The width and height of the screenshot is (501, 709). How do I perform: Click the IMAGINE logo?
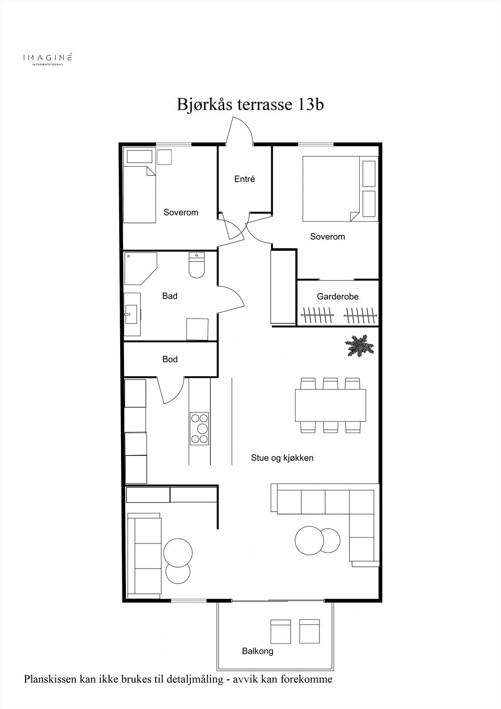click(47, 59)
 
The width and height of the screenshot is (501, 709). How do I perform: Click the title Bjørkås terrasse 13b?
click(250, 105)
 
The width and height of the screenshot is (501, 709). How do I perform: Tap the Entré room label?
click(245, 179)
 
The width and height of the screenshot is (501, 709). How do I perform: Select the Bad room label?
click(170, 296)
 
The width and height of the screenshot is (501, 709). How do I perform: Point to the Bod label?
click(170, 359)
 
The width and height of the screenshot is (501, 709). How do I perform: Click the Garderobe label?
click(338, 296)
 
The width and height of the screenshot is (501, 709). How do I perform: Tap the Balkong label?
click(258, 651)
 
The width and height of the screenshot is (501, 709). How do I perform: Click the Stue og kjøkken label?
click(282, 458)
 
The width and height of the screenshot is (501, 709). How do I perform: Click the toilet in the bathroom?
click(197, 265)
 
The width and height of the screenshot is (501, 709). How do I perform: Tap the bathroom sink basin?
click(131, 314)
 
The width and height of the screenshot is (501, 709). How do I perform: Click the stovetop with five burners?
click(199, 429)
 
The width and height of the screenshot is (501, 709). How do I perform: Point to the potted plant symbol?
click(359, 346)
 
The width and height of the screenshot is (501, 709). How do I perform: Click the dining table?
click(330, 405)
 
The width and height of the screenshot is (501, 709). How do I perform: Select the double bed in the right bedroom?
click(331, 188)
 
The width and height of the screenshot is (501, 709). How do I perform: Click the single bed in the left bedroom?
click(139, 195)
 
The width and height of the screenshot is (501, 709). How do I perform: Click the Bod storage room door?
click(171, 390)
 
